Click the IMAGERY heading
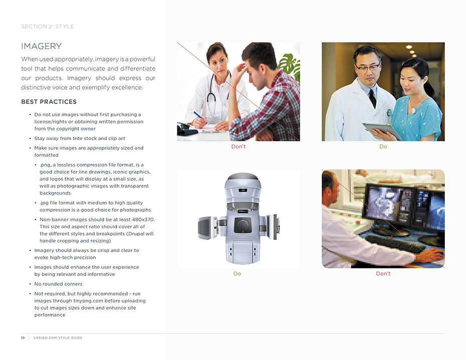[x=41, y=47]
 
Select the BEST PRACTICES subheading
[x=49, y=102]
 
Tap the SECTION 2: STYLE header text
[x=48, y=27]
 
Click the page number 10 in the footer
[x=23, y=338]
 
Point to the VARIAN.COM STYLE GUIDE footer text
[x=58, y=338]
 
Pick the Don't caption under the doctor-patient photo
[x=239, y=146]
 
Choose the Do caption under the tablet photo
[x=383, y=146]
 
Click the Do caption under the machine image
[x=237, y=273]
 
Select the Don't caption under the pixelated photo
[x=383, y=273]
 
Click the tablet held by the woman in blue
[x=382, y=131]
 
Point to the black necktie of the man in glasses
[x=372, y=98]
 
